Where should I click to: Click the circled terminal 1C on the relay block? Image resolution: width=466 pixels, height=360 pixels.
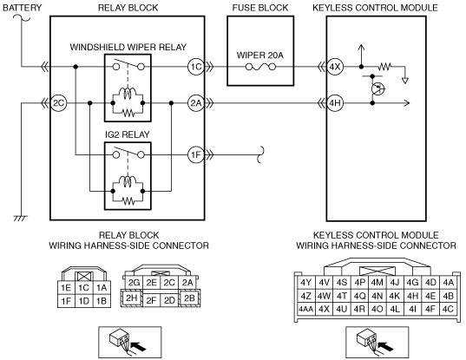click(196, 67)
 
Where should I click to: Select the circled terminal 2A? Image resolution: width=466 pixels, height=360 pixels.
click(196, 103)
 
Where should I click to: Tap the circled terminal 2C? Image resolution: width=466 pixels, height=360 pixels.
click(58, 103)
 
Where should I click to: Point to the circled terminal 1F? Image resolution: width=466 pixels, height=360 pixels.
click(196, 154)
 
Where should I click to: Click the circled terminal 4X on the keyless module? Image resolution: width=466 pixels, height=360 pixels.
click(335, 67)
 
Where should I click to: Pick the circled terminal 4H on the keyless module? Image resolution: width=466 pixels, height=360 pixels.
click(335, 103)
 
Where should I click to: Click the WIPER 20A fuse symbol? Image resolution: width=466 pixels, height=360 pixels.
click(260, 67)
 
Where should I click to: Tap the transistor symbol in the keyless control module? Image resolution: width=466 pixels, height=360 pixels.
click(378, 88)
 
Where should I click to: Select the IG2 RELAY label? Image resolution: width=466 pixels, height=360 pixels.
click(128, 134)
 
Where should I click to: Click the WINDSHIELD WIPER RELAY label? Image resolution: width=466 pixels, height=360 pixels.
click(128, 47)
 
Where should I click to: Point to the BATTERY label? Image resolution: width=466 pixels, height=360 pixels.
click(23, 8)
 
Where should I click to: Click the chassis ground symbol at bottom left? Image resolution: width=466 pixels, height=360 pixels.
click(21, 219)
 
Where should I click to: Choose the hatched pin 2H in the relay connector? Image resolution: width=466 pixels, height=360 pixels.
click(131, 298)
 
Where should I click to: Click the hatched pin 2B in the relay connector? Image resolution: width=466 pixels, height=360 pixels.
click(189, 298)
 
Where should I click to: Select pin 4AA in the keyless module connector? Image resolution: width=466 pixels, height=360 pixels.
click(305, 309)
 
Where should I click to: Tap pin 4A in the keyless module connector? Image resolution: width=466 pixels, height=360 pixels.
click(448, 283)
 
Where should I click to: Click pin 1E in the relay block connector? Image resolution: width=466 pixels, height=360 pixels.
click(66, 287)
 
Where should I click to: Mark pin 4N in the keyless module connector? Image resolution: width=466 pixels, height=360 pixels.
click(377, 296)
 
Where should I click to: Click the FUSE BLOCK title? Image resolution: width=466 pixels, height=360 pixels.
click(260, 8)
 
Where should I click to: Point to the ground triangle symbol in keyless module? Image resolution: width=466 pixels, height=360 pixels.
click(404, 81)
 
